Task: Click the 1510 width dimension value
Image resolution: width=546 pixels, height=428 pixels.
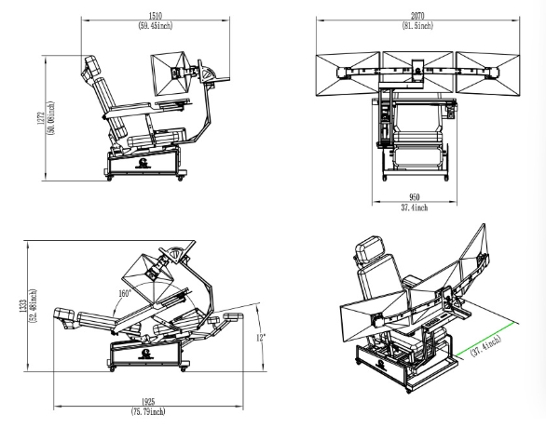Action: (156, 16)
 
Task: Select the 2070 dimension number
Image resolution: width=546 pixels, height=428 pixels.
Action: (417, 16)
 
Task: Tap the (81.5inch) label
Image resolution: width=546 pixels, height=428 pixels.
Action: (417, 25)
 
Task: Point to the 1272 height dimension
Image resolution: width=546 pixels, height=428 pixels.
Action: (41, 118)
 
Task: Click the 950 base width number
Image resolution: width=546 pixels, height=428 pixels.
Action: (415, 197)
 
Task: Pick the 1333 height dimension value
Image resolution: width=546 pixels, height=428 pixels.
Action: (23, 306)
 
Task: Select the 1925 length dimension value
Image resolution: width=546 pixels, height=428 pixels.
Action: (148, 402)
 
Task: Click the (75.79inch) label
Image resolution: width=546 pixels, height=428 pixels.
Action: (148, 411)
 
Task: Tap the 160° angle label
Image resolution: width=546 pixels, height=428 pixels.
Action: (126, 293)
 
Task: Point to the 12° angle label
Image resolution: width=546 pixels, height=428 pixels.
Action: (261, 337)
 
